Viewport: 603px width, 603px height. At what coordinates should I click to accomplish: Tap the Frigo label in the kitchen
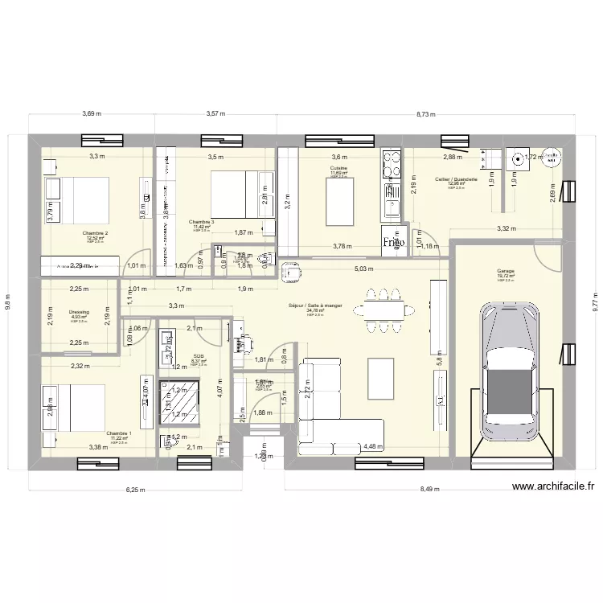393,241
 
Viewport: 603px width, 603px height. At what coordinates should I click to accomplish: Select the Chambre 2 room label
95,233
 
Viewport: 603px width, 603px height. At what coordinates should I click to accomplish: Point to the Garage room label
505,272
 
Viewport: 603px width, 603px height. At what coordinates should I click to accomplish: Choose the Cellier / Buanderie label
456,179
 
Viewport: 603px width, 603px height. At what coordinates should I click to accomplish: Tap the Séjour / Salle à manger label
315,306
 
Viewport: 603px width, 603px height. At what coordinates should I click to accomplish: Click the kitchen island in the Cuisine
340,201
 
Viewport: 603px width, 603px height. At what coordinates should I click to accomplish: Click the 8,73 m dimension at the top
427,114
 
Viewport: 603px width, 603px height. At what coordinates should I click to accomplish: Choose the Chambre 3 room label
201,222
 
